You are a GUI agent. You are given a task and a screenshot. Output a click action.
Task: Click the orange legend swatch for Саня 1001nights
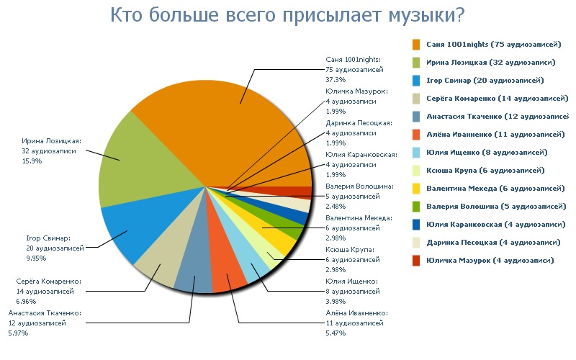416,45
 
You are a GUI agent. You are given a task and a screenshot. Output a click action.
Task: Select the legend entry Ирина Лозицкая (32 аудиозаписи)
486,63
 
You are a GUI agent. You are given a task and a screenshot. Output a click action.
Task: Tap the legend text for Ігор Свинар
485,81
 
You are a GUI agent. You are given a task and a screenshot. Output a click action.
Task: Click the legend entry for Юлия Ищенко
486,153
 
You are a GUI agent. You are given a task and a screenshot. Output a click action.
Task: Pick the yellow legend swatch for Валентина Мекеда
416,189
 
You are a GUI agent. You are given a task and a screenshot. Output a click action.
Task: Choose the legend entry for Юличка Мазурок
489,261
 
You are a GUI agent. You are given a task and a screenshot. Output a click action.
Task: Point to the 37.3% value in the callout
336,79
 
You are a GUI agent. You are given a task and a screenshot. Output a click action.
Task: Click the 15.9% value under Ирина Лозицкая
32,161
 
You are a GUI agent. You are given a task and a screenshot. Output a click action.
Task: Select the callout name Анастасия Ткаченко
45,314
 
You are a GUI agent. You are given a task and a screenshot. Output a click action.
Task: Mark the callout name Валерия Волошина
359,186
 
